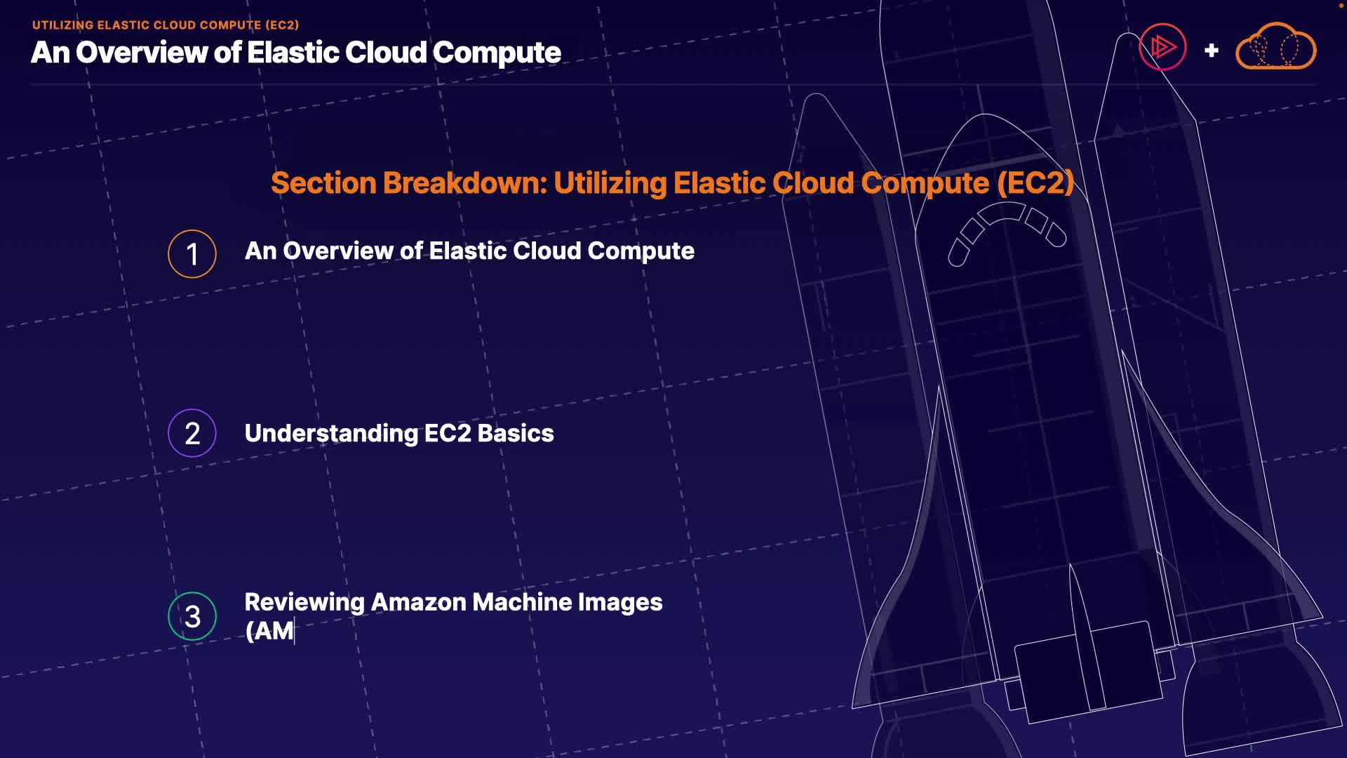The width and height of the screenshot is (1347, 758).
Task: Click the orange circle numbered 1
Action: click(192, 254)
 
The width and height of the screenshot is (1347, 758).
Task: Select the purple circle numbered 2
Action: click(192, 433)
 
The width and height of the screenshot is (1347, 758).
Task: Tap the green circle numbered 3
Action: click(192, 616)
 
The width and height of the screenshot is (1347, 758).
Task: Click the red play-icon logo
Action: click(1162, 48)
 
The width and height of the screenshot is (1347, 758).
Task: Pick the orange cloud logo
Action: click(1275, 48)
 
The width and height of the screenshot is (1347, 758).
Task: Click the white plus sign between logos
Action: click(1211, 51)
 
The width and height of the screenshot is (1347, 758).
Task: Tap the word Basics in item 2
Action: click(516, 434)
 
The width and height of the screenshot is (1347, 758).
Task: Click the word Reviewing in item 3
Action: click(304, 602)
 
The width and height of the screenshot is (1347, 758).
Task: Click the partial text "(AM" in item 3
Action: click(269, 631)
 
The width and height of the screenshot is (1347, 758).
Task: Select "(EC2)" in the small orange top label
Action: click(282, 25)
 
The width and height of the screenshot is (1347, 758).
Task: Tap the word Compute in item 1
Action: click(641, 251)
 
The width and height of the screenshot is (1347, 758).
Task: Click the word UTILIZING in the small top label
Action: click(62, 25)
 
